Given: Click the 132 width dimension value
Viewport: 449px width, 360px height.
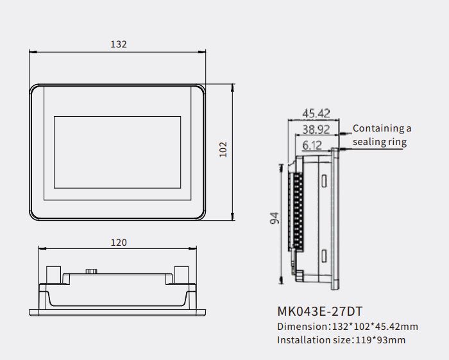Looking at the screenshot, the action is click(118, 44).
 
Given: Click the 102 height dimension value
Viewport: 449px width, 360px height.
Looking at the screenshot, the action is click(223, 150).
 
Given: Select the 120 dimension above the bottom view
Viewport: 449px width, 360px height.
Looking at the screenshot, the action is click(119, 243).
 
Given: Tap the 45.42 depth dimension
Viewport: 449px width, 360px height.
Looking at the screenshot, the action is click(316, 114).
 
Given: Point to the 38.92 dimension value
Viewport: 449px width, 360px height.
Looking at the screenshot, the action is click(316, 130).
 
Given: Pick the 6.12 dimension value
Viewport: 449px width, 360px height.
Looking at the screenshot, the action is click(312, 146).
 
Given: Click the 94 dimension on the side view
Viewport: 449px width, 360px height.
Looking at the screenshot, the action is click(275, 218).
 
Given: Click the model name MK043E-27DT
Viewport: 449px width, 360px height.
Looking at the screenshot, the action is click(320, 311).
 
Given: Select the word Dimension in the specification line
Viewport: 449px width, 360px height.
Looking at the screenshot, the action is click(302, 327).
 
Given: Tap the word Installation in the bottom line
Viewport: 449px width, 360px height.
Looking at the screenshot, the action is click(303, 340).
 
